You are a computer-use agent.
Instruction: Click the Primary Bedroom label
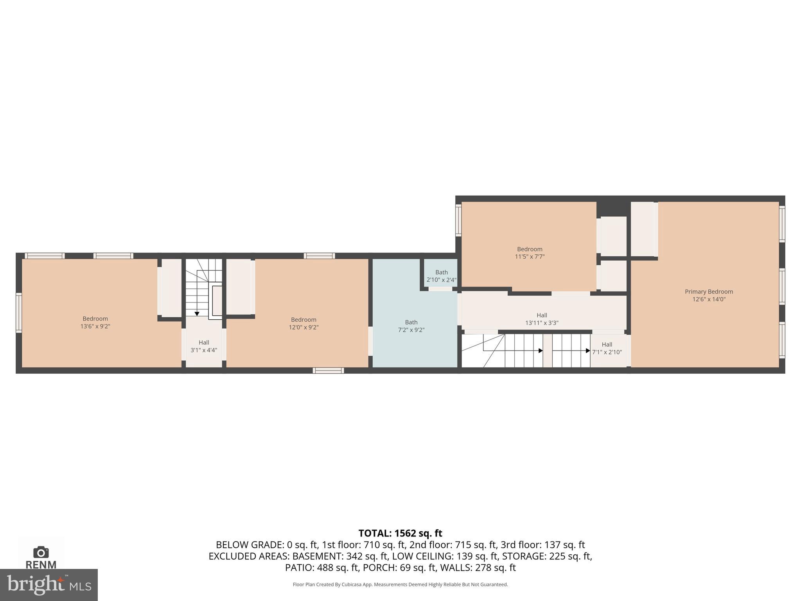click(709, 292)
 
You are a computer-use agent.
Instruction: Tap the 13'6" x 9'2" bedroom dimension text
click(95, 326)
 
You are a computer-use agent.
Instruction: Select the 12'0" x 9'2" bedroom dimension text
click(304, 327)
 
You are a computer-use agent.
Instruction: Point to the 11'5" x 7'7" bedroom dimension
click(530, 257)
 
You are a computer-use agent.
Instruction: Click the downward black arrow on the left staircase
click(197, 314)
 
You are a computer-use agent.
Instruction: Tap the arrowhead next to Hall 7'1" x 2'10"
click(587, 351)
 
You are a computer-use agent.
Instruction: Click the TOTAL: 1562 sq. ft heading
click(400, 533)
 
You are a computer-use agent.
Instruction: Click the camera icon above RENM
click(41, 552)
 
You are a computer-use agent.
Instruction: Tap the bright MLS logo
click(48, 585)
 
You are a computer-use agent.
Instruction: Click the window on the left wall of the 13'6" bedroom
click(18, 313)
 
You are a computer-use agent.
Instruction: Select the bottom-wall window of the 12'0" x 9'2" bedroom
click(328, 370)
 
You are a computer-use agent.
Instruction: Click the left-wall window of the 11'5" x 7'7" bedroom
click(458, 220)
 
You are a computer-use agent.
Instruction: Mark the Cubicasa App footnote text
click(400, 585)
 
